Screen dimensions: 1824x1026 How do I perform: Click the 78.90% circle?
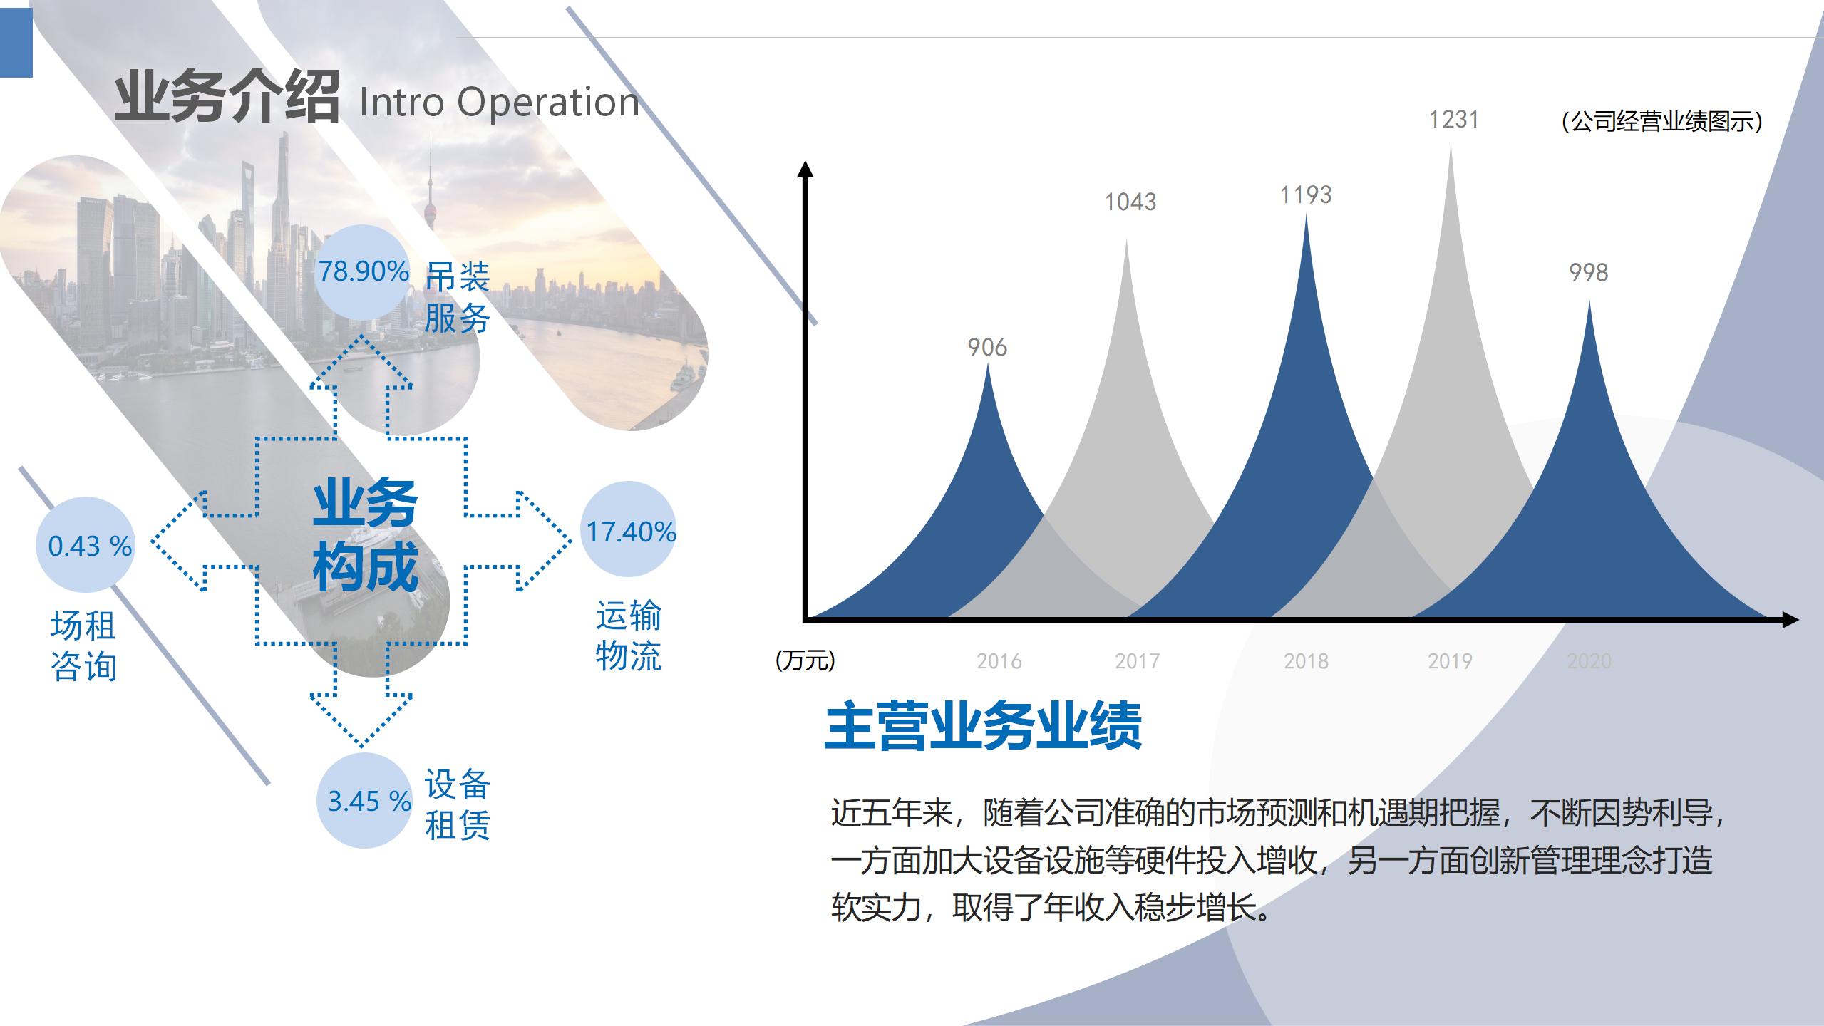[363, 272]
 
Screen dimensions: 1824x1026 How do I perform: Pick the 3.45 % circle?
[366, 800]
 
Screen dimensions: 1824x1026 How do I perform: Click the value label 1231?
[1453, 120]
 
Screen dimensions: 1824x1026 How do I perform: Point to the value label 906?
[987, 348]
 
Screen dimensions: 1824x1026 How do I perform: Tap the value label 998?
[1589, 273]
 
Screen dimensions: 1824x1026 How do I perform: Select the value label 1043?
[1130, 202]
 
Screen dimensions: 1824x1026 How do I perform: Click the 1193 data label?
[1306, 195]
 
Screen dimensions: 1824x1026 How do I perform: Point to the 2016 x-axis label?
[999, 661]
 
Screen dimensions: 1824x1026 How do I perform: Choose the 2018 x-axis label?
[1306, 661]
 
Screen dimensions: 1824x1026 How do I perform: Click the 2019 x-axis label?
[1450, 661]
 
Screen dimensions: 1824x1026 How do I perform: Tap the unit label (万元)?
[805, 660]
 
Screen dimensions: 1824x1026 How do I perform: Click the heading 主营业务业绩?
[984, 727]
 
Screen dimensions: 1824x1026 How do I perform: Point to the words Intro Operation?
[499, 102]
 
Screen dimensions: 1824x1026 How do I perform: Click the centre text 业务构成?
[365, 534]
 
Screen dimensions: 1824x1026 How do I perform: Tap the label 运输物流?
[629, 636]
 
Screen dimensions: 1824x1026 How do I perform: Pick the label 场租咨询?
[83, 646]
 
